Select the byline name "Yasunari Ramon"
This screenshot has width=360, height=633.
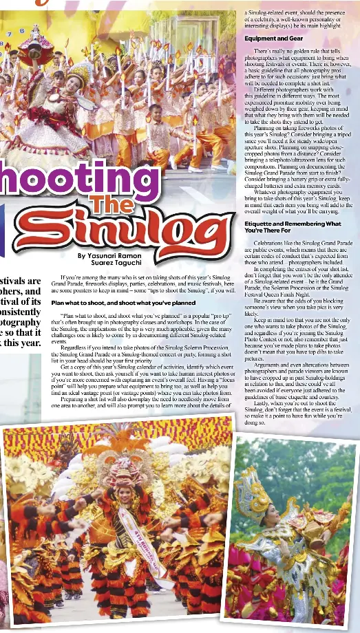109,255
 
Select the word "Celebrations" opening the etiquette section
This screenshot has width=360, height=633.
270,243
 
